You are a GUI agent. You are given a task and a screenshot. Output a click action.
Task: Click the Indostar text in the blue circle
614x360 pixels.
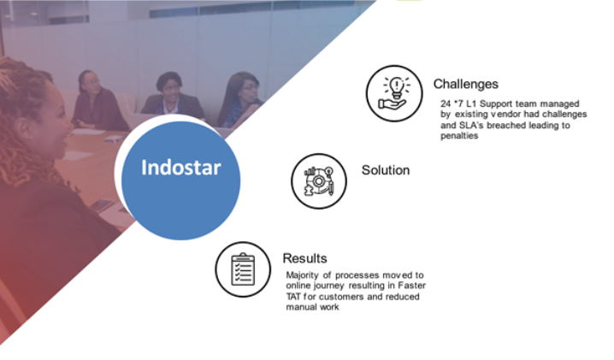181,168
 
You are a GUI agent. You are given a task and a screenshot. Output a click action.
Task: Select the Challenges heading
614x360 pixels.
465,84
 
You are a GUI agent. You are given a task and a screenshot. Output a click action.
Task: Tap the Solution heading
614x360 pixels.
386,170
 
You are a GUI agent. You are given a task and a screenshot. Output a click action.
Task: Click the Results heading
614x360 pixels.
304,258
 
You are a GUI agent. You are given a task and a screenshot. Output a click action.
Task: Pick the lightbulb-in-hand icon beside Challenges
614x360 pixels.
394,93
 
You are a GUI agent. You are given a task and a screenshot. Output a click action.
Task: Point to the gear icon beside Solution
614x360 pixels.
319,181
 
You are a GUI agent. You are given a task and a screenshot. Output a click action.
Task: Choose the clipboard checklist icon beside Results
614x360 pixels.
243,269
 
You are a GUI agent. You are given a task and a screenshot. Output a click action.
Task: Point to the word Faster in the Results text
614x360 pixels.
412,286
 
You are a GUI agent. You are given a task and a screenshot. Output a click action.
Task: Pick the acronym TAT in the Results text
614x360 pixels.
293,297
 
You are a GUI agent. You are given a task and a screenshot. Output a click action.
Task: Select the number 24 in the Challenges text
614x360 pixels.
446,103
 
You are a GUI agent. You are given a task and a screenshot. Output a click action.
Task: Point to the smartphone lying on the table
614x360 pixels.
102,205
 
